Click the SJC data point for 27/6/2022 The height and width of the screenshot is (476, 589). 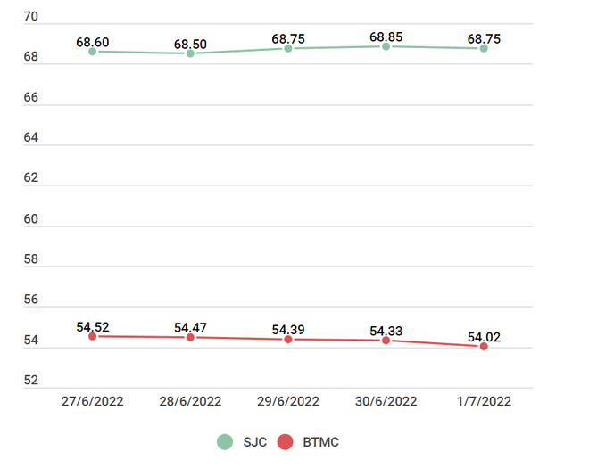point(93,52)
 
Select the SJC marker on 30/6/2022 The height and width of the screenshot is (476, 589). point(386,46)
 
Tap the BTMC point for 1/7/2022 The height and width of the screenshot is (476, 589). point(484,346)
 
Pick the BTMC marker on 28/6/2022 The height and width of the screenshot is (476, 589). point(190,337)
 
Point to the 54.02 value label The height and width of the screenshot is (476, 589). point(484,337)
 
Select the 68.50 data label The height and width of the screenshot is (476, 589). point(190,44)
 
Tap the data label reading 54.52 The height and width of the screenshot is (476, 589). point(93,327)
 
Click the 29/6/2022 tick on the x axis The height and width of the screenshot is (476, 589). point(288,401)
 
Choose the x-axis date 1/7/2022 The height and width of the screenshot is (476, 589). point(484,401)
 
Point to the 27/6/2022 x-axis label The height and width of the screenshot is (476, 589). point(93,401)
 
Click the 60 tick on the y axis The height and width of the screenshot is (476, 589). point(31,218)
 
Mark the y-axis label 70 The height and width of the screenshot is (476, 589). point(31,16)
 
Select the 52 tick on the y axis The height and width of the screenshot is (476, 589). point(31,381)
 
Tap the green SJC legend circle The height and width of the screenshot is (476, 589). point(225,441)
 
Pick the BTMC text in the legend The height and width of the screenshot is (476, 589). point(319,441)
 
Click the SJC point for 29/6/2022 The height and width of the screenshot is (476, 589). point(288,48)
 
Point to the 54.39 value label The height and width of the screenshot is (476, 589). point(288,330)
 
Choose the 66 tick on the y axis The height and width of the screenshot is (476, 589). point(31,97)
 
